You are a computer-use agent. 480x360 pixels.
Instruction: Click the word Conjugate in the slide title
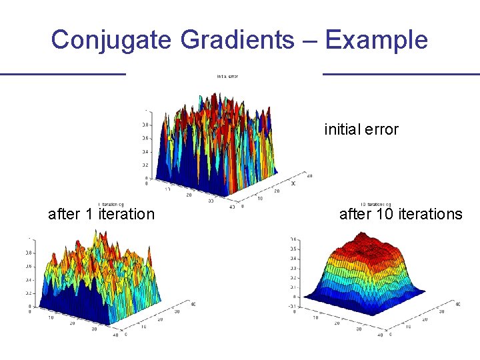click(x=112, y=40)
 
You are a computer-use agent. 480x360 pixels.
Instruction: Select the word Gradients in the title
click(x=237, y=40)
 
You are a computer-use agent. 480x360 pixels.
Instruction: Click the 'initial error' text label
click(x=361, y=129)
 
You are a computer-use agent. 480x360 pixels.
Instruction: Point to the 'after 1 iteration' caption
click(x=101, y=214)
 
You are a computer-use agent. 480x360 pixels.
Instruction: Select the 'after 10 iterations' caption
click(x=400, y=214)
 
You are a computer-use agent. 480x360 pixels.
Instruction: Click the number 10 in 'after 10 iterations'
click(x=388, y=214)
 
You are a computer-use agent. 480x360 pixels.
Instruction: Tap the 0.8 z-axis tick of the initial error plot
click(x=144, y=125)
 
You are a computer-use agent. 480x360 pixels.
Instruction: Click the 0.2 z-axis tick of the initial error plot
click(x=144, y=165)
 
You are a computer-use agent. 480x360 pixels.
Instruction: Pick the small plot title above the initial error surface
click(x=227, y=77)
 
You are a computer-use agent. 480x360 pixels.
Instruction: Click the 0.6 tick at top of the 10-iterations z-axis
click(x=294, y=239)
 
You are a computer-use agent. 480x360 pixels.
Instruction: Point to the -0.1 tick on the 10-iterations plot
click(x=293, y=306)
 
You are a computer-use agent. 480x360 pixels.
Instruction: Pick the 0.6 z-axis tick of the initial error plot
click(x=144, y=138)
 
